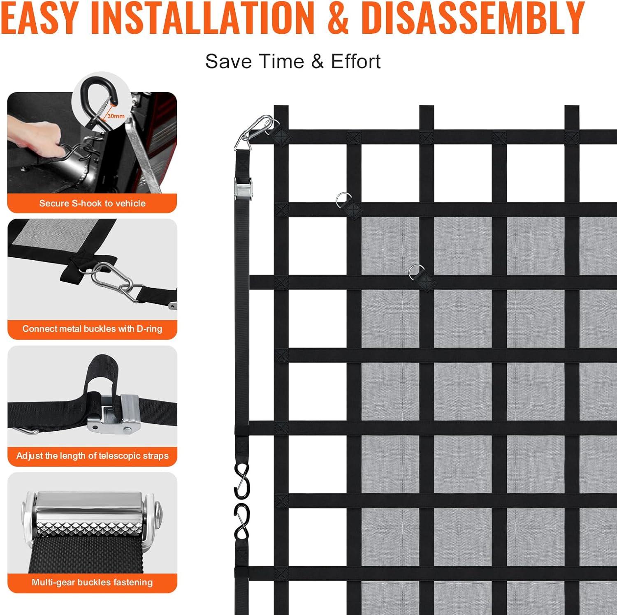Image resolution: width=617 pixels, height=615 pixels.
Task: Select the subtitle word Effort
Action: pyautogui.click(x=356, y=62)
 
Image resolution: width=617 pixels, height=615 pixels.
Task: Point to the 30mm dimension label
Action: pyautogui.click(x=116, y=116)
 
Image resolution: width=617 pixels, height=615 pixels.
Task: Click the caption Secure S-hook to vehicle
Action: pyautogui.click(x=93, y=203)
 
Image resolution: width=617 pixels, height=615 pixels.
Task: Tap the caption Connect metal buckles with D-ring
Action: pyautogui.click(x=92, y=329)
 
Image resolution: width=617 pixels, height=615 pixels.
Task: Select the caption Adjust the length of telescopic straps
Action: pyautogui.click(x=93, y=455)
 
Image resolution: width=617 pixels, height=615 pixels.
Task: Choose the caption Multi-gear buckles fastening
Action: pyautogui.click(x=92, y=582)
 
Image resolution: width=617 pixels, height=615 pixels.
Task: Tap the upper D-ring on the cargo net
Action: pyautogui.click(x=343, y=200)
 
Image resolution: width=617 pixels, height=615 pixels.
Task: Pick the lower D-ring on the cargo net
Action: pyautogui.click(x=416, y=272)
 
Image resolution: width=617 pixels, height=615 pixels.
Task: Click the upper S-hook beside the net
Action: pyautogui.click(x=241, y=480)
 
